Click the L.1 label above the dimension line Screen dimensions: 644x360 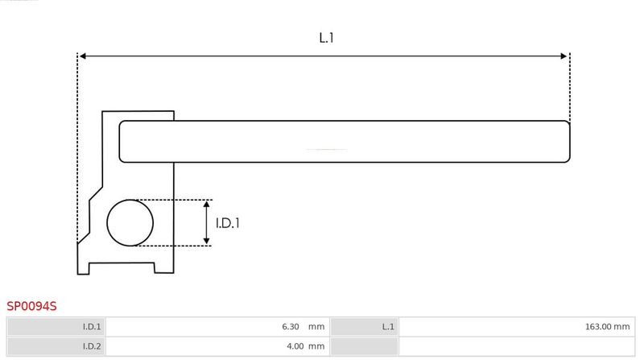[326, 38]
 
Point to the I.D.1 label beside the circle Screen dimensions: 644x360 [228, 223]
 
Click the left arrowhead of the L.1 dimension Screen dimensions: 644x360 [82, 56]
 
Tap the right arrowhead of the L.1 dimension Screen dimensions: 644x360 [563, 56]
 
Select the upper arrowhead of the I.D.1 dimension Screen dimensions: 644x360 [207, 205]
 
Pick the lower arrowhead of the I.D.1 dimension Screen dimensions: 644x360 [207, 242]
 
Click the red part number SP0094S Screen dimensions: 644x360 [31, 306]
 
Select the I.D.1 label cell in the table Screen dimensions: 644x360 [56, 327]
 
